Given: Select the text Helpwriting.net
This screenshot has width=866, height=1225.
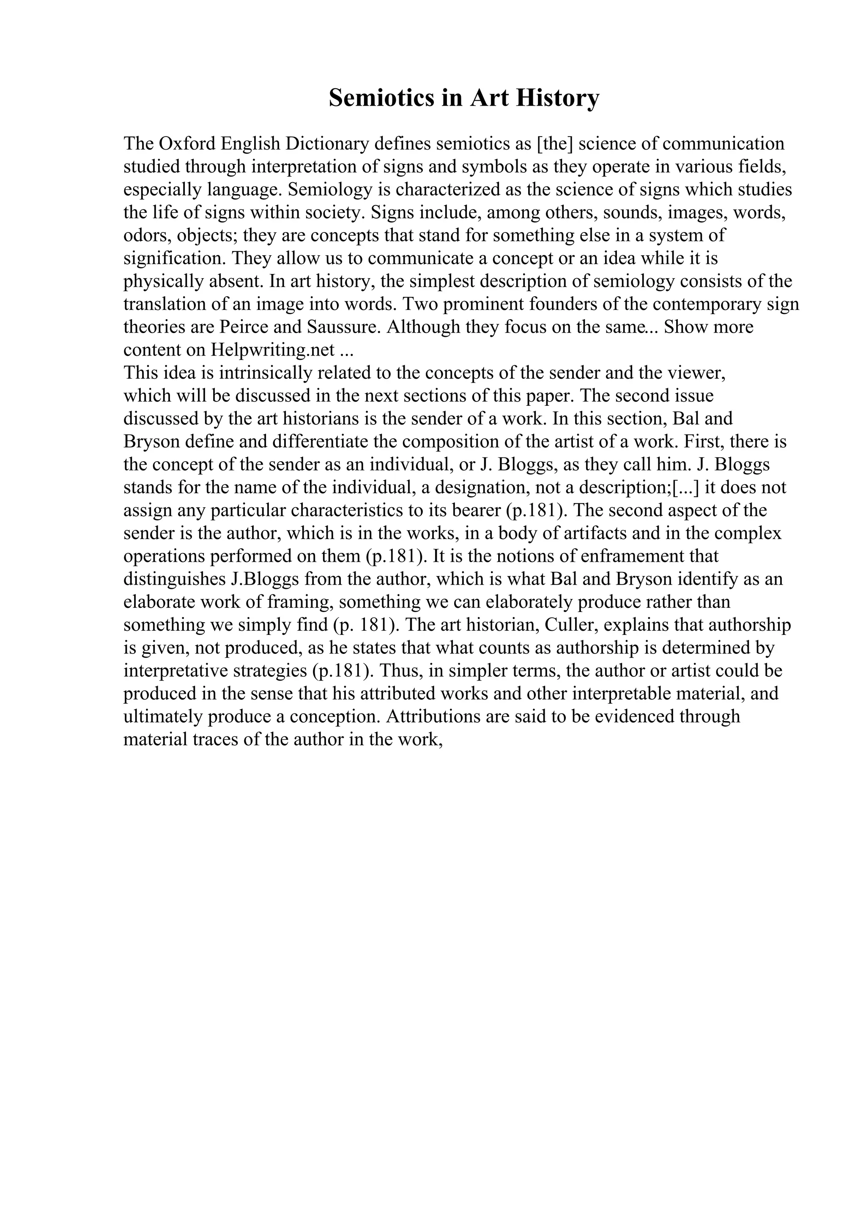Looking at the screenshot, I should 273,350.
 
